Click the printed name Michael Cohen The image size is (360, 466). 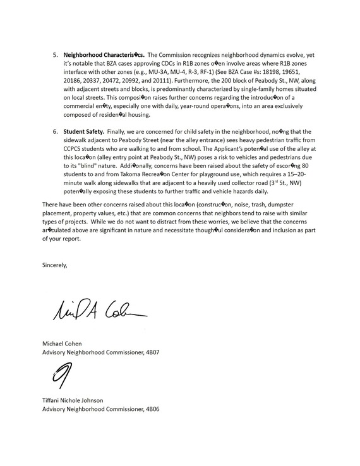pyautogui.click(x=66, y=343)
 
